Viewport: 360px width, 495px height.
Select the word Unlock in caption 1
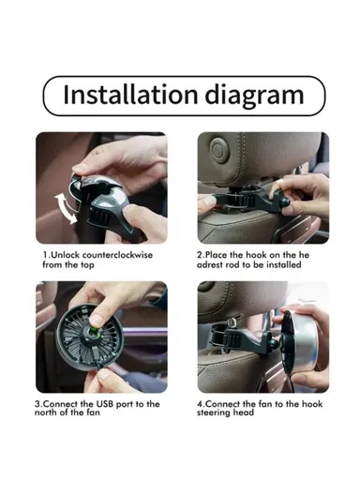[64, 255]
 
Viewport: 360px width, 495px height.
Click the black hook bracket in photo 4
[229, 333]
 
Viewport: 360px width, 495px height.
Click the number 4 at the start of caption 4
[201, 404]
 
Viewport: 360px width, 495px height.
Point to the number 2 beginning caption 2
[201, 255]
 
